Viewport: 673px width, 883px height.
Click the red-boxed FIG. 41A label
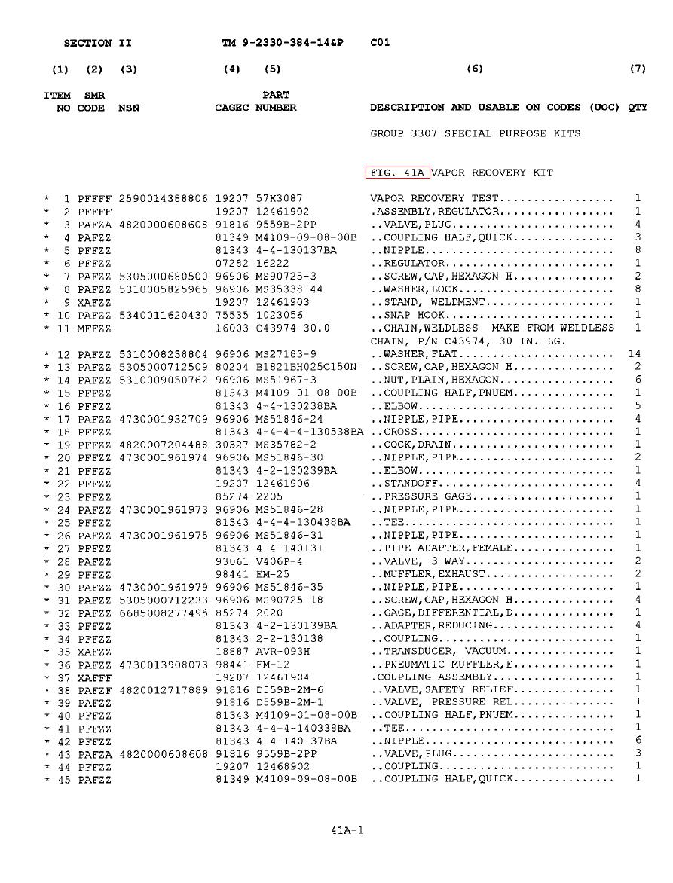[x=397, y=173]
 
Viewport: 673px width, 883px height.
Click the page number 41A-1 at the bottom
[x=347, y=831]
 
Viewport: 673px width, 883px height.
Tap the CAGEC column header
[x=231, y=108]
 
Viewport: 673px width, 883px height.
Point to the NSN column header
[x=129, y=108]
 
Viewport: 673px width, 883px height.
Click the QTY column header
[x=638, y=108]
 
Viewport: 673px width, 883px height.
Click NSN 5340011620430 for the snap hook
[x=163, y=315]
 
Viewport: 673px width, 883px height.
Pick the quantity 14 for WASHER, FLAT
[x=634, y=354]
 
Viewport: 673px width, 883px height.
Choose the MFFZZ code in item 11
[x=94, y=328]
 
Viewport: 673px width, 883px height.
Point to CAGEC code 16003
[x=231, y=328]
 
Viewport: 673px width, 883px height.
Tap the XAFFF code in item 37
[x=94, y=677]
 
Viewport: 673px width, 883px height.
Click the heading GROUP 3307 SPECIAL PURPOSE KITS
[x=475, y=133]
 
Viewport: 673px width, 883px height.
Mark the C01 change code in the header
[x=380, y=43]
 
